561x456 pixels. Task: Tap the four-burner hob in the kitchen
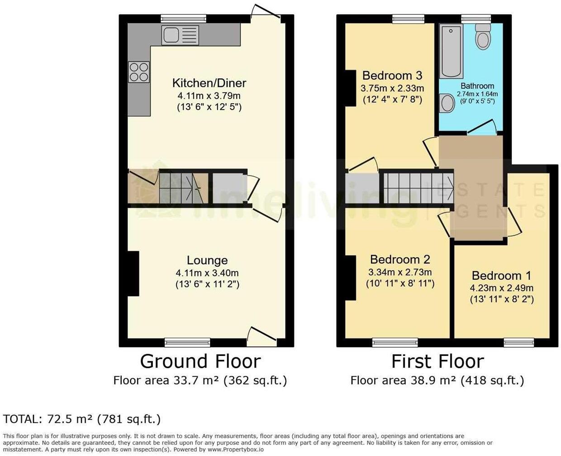click(x=138, y=72)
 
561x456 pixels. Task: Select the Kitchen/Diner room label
click(x=209, y=83)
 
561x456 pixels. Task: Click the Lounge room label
click(x=207, y=260)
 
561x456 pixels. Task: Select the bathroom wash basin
click(x=447, y=103)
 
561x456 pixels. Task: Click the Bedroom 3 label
click(x=392, y=75)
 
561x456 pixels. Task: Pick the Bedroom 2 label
click(x=400, y=259)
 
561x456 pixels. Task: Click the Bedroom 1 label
click(x=501, y=276)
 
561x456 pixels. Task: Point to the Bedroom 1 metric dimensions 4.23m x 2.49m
click(x=501, y=288)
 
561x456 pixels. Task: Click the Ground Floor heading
click(x=200, y=361)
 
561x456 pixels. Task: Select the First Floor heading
click(x=437, y=361)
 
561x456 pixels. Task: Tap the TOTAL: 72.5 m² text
click(x=82, y=419)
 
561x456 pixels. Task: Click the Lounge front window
click(x=187, y=342)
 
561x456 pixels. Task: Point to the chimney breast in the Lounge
click(x=133, y=274)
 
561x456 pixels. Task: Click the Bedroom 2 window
click(x=395, y=342)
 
